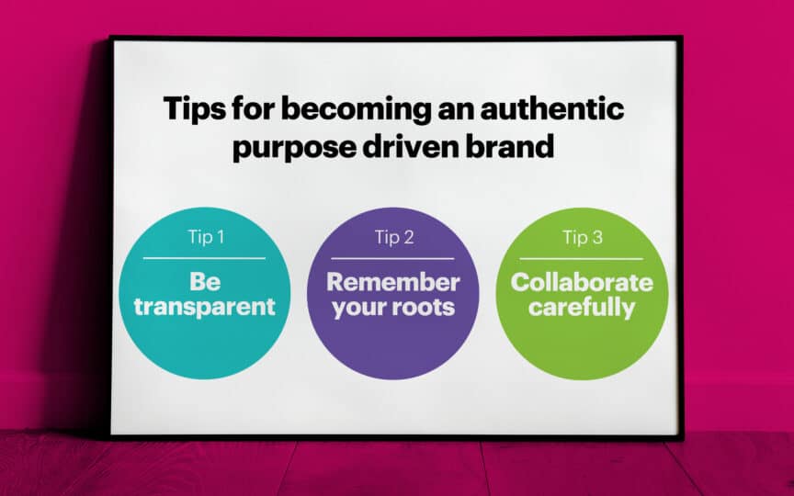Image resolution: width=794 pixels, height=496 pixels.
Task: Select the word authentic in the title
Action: tap(552, 108)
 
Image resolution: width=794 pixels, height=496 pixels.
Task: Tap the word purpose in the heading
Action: tap(294, 149)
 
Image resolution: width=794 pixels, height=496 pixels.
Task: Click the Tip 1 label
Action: tap(206, 237)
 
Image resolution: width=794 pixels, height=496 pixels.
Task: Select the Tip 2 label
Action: tap(394, 237)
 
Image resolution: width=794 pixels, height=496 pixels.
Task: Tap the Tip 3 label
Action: tap(583, 237)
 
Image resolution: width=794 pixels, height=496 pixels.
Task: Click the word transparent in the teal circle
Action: tap(205, 308)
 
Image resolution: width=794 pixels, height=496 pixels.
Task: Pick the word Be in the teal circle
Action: tap(205, 282)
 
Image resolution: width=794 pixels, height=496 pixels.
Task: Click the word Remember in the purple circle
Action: tap(393, 282)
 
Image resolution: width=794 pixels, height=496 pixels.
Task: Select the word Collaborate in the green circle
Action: tap(582, 282)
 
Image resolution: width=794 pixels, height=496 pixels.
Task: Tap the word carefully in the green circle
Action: tap(582, 308)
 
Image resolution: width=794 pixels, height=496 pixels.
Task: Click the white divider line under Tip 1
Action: tap(204, 258)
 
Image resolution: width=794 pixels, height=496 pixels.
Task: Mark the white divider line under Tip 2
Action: tap(392, 259)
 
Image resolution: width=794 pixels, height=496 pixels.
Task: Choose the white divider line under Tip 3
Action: tap(582, 259)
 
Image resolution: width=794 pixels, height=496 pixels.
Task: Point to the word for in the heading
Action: tap(254, 108)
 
